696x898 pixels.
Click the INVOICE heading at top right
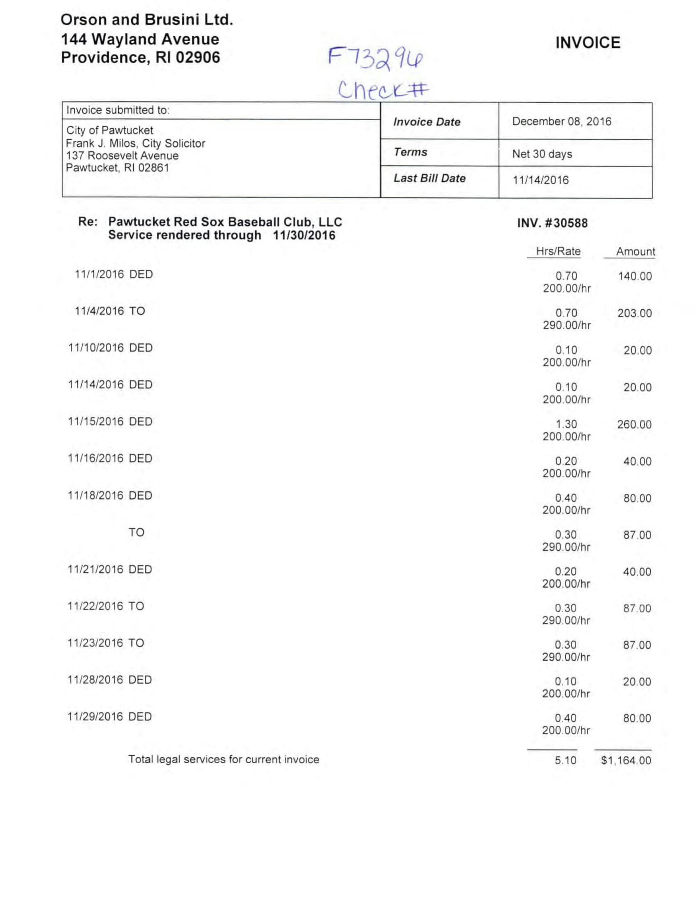pyautogui.click(x=587, y=43)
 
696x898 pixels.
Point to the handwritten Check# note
pyautogui.click(x=383, y=89)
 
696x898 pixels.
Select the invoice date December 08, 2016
pyautogui.click(x=561, y=121)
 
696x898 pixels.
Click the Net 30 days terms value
pyautogui.click(x=542, y=154)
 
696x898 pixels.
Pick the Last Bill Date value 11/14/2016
pyautogui.click(x=540, y=180)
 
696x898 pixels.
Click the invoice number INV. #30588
pyautogui.click(x=552, y=223)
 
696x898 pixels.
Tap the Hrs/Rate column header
pyautogui.click(x=558, y=251)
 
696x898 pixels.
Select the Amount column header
pyautogui.click(x=635, y=251)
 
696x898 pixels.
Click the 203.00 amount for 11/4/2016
pyautogui.click(x=634, y=313)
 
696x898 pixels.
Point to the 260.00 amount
pyautogui.click(x=634, y=424)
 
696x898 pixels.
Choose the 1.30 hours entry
pyautogui.click(x=566, y=424)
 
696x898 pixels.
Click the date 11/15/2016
pyautogui.click(x=95, y=421)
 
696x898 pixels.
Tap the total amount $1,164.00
pyautogui.click(x=626, y=760)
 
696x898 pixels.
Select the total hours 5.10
pyautogui.click(x=565, y=760)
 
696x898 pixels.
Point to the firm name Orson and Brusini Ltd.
pyautogui.click(x=147, y=20)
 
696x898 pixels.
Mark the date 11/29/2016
pyautogui.click(x=95, y=716)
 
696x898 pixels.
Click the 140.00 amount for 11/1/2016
pyautogui.click(x=635, y=276)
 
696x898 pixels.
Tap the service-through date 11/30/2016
pyautogui.click(x=304, y=235)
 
